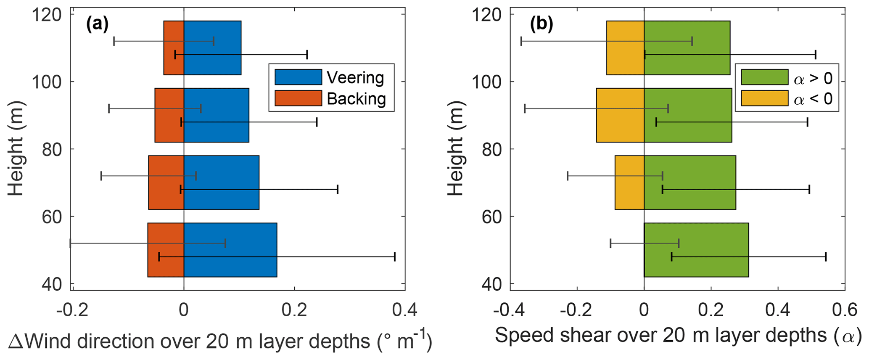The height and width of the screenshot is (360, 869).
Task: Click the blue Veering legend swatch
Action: pyautogui.click(x=298, y=77)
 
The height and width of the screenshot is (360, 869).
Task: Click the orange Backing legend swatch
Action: pyautogui.click(x=298, y=98)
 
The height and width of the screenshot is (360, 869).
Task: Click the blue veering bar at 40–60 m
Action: pyautogui.click(x=230, y=236)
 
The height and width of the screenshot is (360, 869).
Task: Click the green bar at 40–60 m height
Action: pyautogui.click(x=696, y=236)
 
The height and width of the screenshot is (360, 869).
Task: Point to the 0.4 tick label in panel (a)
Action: pyautogui.click(x=404, y=310)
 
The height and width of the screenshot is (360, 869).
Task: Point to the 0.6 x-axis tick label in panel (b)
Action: pyautogui.click(x=844, y=310)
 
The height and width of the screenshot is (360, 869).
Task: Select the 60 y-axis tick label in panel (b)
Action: pyautogui.click(x=493, y=217)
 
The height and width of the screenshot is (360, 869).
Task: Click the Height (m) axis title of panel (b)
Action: pyautogui.click(x=455, y=149)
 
